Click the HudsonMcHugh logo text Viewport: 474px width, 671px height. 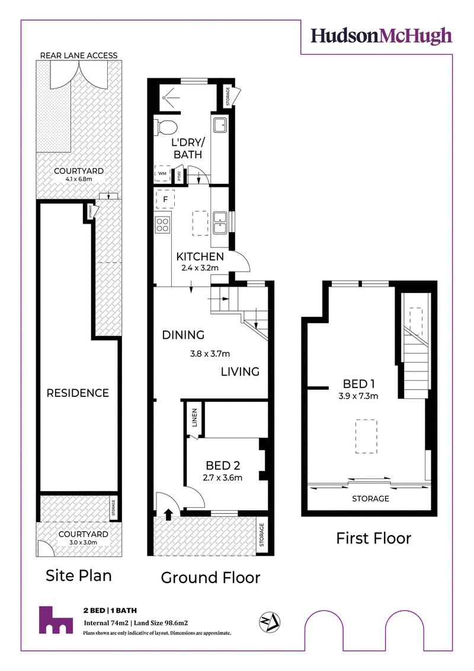381,36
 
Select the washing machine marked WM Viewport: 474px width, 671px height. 162,174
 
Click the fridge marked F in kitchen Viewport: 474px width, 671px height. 165,199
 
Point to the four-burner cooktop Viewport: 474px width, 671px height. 162,224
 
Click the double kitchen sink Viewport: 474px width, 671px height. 221,222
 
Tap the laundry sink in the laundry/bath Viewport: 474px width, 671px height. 221,125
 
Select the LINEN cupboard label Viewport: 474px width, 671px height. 194,418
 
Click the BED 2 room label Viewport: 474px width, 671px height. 223,466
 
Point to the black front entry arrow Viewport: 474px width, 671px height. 168,514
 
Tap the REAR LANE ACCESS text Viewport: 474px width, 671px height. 79,56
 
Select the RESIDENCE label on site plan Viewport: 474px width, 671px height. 78,393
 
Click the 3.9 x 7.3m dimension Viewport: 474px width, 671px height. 358,396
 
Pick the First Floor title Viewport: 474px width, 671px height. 373,538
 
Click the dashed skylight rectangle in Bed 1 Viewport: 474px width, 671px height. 366,436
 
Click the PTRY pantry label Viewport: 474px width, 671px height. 180,176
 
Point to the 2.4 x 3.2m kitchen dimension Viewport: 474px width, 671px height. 200,268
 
